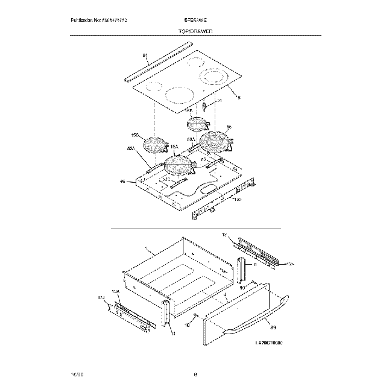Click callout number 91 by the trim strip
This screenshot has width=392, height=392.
[x=145, y=55]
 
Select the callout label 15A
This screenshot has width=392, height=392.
[x=174, y=147]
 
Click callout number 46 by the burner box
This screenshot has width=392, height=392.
[x=122, y=180]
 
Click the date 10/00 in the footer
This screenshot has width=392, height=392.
[x=76, y=375]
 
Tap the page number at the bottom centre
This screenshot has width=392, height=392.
[x=195, y=375]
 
